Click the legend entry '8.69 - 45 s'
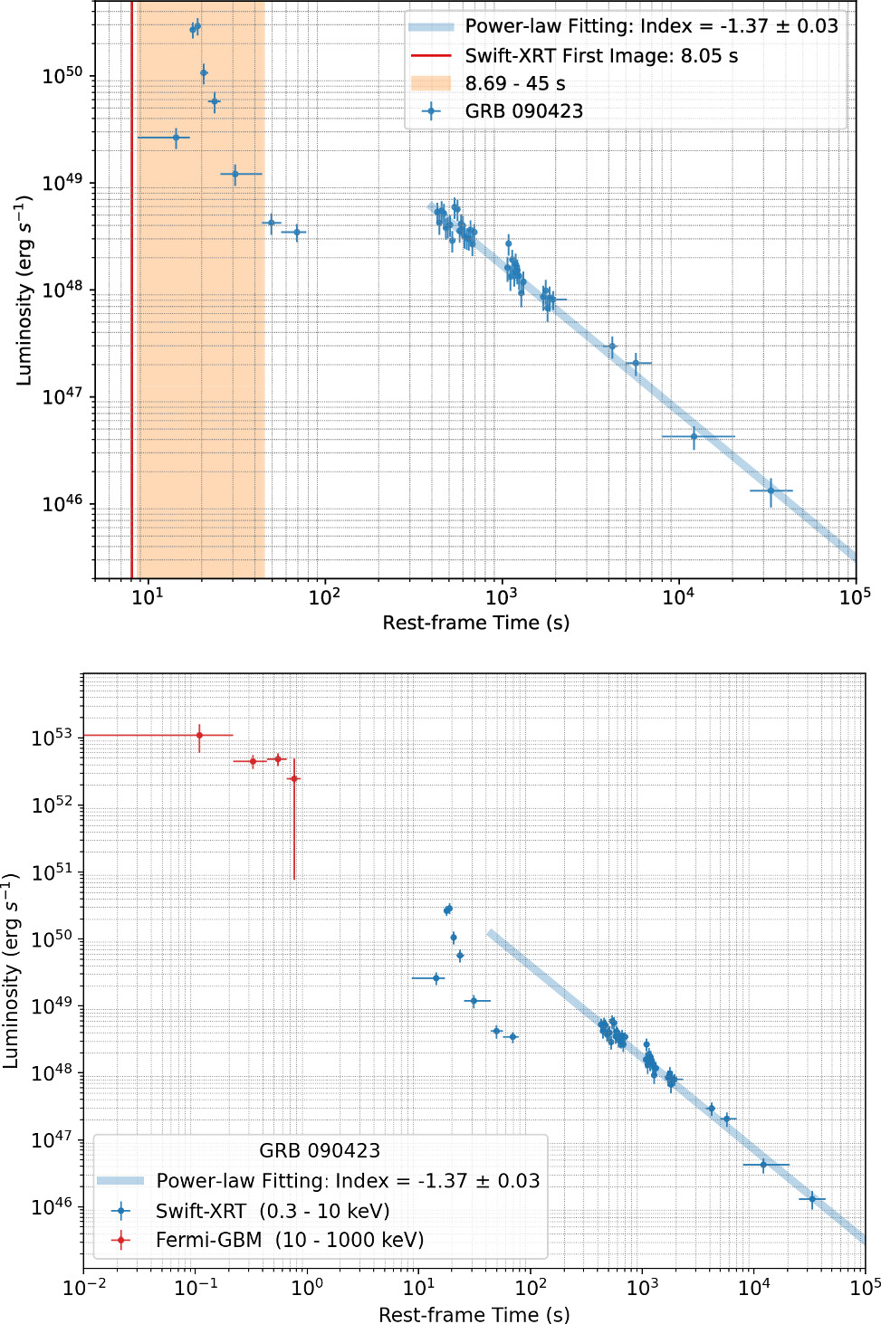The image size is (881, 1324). [x=514, y=83]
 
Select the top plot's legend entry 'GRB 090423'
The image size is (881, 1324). [x=523, y=111]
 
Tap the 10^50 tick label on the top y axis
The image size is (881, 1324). [x=62, y=76]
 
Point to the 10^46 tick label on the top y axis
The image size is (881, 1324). [x=62, y=504]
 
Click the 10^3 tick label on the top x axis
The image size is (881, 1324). [x=501, y=595]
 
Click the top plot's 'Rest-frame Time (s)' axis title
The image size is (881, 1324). [x=475, y=623]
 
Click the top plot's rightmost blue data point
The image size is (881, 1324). [x=771, y=491]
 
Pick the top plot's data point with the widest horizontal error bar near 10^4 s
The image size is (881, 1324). [x=694, y=436]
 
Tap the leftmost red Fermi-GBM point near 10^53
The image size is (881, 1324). [x=199, y=735]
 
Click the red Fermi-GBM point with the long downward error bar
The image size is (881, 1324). [x=293, y=778]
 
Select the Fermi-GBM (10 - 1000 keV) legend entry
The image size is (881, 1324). [x=289, y=1240]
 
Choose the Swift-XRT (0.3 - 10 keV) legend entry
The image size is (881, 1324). [x=272, y=1211]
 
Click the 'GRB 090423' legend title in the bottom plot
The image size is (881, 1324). [x=320, y=1150]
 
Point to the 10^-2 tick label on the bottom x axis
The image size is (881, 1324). [x=84, y=1288]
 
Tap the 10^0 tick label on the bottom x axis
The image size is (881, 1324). [x=307, y=1288]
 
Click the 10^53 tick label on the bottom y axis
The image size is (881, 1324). [x=52, y=738]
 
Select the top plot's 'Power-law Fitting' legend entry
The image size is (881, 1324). [x=651, y=26]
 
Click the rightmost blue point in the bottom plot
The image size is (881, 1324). [x=812, y=1199]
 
